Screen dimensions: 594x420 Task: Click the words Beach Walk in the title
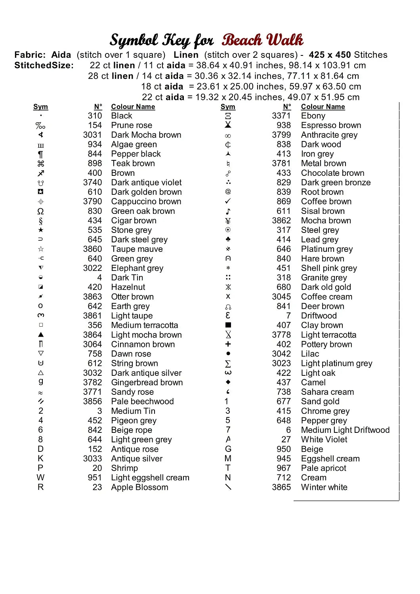[262, 40]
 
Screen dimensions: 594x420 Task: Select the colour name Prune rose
[132, 126]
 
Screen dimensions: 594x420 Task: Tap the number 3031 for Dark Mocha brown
[92, 135]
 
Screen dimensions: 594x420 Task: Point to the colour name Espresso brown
[331, 126]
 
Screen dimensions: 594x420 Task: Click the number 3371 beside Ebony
[281, 116]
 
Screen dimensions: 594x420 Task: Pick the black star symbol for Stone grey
[40, 230]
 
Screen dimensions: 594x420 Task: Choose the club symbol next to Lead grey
[228, 240]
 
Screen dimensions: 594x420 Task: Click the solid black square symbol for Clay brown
[228, 325]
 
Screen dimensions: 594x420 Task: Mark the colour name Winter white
[324, 487]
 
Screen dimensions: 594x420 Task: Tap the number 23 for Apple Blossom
[97, 487]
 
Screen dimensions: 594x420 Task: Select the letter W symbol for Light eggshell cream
[40, 478]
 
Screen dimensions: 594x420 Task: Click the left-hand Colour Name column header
[133, 107]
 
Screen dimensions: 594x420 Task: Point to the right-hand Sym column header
[228, 107]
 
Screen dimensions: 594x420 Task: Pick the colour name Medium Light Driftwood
[345, 430]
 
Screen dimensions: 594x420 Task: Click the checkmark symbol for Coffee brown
[228, 202]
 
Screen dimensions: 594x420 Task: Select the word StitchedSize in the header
[44, 65]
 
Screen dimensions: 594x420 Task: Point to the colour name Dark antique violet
[146, 183]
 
